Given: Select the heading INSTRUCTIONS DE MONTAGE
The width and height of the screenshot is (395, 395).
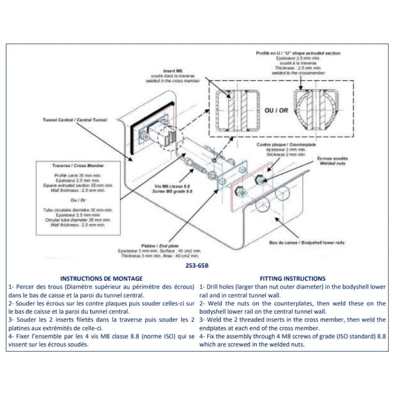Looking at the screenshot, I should pyautogui.click(x=101, y=278).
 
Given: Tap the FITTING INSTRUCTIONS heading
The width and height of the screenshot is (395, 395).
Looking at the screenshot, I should pyautogui.click(x=292, y=278).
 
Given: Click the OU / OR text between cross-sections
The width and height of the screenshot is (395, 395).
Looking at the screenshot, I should pyautogui.click(x=276, y=110).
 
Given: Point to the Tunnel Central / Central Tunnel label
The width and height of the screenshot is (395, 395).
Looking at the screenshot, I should pyautogui.click(x=75, y=120).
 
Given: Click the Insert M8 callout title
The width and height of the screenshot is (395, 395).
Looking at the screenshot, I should pyautogui.click(x=173, y=71).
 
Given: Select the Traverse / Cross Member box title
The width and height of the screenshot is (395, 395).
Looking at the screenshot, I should pyautogui.click(x=78, y=165).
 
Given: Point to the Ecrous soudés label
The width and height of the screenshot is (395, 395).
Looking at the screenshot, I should pyautogui.click(x=333, y=159).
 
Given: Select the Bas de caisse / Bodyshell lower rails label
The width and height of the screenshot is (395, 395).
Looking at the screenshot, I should pyautogui.click(x=307, y=243).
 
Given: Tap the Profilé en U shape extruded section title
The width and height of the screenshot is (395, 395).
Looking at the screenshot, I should pyautogui.click(x=298, y=53).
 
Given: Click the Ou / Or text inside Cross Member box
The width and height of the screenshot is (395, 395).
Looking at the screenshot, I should pyautogui.click(x=78, y=200).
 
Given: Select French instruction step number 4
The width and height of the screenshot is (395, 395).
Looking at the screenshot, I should pyautogui.click(x=101, y=340).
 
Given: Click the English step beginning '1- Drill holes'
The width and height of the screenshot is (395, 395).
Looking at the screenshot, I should pyautogui.click(x=292, y=291).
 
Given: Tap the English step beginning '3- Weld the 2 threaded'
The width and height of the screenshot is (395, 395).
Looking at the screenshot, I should pyautogui.click(x=292, y=324).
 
